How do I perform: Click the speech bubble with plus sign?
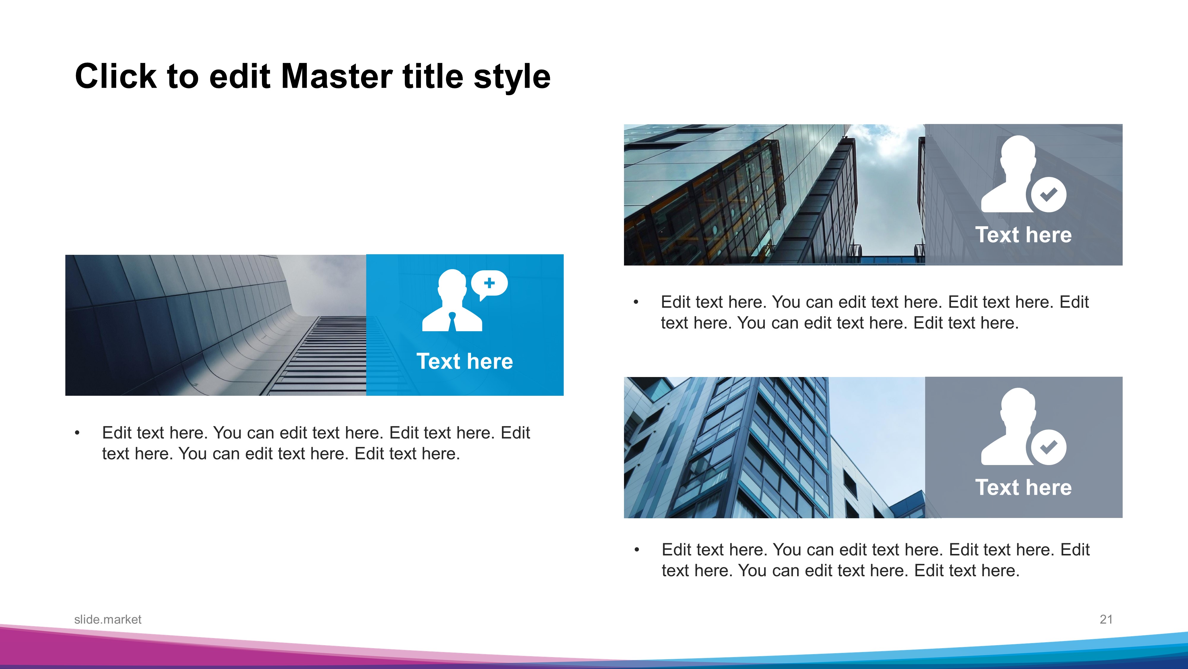(x=489, y=285)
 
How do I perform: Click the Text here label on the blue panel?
(x=465, y=361)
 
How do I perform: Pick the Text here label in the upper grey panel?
(x=1023, y=235)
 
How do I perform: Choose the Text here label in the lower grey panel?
(x=1023, y=487)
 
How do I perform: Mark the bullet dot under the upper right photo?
(x=636, y=302)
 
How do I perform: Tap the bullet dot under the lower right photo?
(x=637, y=550)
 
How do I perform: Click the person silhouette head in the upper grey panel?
(x=1018, y=155)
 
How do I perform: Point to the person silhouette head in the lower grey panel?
(x=1018, y=407)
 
